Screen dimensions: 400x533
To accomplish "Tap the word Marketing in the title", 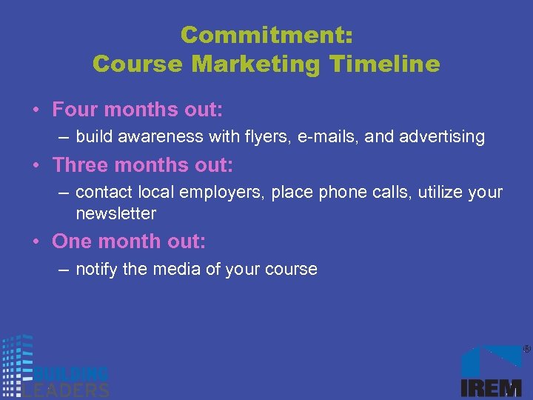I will pos(255,64).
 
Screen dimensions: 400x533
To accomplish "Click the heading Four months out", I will pos(137,110).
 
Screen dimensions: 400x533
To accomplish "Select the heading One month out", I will pos(129,241).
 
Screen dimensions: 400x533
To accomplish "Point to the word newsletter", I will pos(115,213).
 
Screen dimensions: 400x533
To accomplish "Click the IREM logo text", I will pos(492,387).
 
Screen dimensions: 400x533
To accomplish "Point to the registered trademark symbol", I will pos(526,349).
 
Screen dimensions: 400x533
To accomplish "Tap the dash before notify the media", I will pos(64,270).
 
